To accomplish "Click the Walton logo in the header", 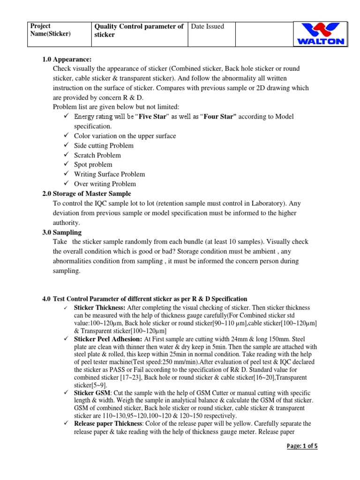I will (x=321, y=34).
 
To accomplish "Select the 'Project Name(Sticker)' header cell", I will (x=50, y=30).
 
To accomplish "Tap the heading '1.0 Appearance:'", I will (x=67, y=59).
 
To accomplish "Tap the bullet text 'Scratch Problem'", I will (x=97, y=155).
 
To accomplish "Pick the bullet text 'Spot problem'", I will (x=93, y=165).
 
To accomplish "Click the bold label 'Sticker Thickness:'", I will (x=100, y=307).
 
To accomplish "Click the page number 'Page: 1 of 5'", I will (x=302, y=446).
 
